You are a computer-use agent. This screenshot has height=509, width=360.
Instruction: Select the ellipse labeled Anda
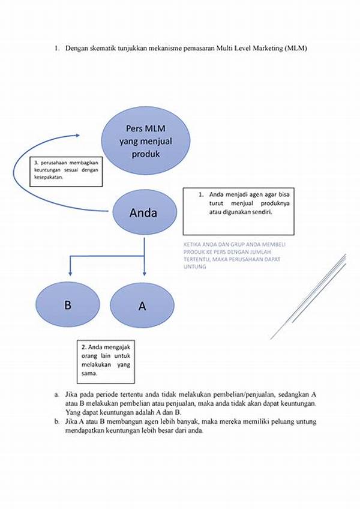(x=143, y=213)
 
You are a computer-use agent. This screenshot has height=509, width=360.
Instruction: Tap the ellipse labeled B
(x=68, y=304)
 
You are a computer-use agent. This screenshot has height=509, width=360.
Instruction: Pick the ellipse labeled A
(x=143, y=306)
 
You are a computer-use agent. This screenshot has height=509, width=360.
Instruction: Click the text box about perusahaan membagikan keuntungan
(x=65, y=170)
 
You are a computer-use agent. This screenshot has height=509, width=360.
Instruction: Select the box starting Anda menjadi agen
(x=238, y=211)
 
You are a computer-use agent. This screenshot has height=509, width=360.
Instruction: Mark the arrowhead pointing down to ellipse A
(x=143, y=277)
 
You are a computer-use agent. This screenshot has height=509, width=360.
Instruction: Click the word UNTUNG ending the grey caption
(x=195, y=267)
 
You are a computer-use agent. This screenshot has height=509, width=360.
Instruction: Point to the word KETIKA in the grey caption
(x=192, y=245)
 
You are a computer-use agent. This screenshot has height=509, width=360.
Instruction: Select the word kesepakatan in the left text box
(x=49, y=178)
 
